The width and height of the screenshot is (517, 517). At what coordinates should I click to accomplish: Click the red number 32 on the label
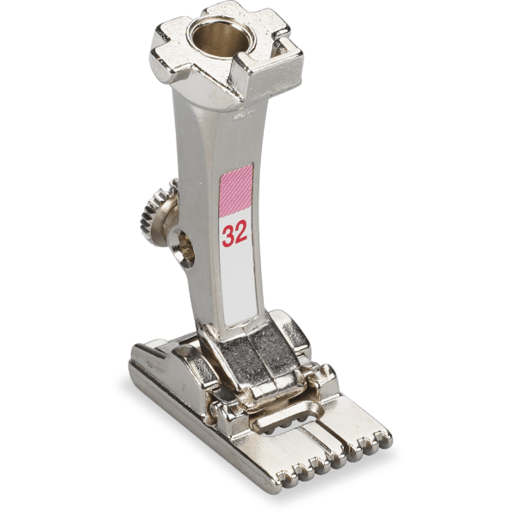234,234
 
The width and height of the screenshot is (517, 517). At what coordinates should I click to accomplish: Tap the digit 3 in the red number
228,235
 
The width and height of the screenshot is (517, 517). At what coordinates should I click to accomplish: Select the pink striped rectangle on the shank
235,191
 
